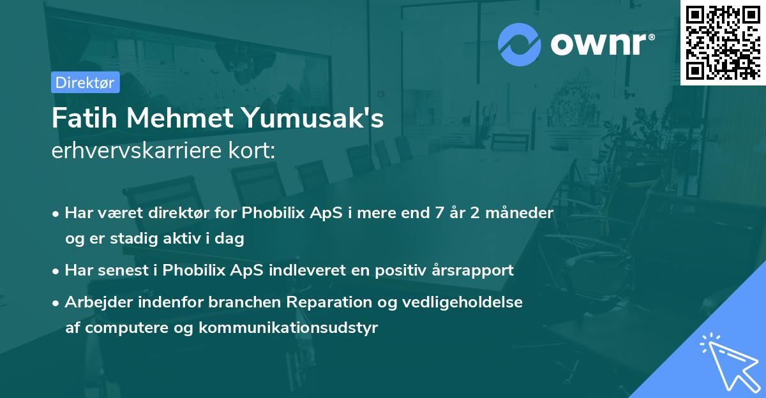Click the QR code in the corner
tap(723, 42)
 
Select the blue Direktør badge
tap(85, 82)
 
